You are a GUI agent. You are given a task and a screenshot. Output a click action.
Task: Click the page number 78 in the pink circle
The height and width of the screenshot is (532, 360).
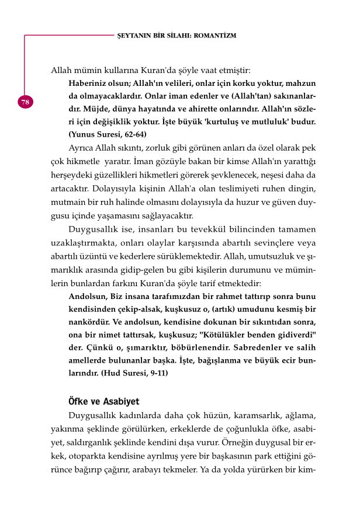point(25,102)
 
